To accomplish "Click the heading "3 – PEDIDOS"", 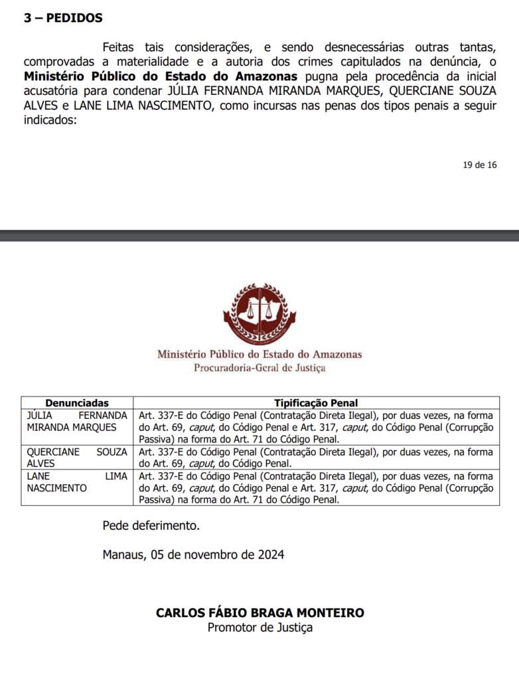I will point(63,19).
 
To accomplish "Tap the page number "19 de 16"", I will point(480,165).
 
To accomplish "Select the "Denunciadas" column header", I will point(77,403).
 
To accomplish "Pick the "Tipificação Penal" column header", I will point(316,403).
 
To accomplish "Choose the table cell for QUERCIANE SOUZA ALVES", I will point(77,458).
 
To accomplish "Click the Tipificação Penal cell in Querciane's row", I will point(316,458).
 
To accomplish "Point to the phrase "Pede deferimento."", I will point(151,526).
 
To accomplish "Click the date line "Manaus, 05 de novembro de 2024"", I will point(193,554).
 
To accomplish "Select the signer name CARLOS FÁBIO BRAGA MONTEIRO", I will point(259,613).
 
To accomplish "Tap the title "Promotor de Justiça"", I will point(259,628).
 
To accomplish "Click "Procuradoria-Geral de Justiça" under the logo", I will point(259,368).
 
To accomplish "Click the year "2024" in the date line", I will point(271,554).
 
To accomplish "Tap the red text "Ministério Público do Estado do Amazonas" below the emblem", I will point(259,355).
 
